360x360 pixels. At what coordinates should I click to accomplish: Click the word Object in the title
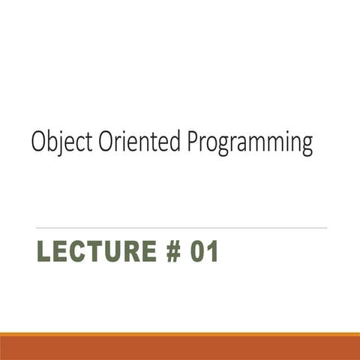click(x=61, y=141)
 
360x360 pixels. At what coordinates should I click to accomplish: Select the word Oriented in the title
click(x=139, y=140)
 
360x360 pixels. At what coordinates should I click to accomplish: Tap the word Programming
click(x=250, y=142)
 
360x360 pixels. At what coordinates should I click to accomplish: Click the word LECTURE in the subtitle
click(x=97, y=251)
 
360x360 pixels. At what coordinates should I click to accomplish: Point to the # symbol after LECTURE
click(x=173, y=251)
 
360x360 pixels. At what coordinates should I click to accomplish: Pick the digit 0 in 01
click(x=197, y=251)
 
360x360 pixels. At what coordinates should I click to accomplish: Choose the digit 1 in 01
click(x=213, y=251)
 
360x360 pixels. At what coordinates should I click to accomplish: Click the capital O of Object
click(x=39, y=141)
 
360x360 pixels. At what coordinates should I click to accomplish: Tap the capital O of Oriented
click(x=106, y=141)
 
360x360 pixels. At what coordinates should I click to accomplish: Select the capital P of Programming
click(x=193, y=141)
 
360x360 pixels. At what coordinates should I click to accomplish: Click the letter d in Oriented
click(x=174, y=141)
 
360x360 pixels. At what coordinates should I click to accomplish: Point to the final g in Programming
click(x=307, y=146)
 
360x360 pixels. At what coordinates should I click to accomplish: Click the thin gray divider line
click(x=181, y=228)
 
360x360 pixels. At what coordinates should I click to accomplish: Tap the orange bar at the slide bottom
click(x=180, y=346)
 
